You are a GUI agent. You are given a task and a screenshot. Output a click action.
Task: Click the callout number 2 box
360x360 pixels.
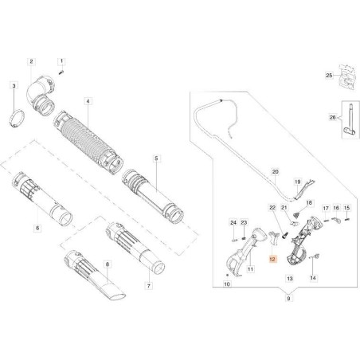click(31, 61)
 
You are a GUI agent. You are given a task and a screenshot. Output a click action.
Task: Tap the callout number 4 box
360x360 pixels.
click(88, 102)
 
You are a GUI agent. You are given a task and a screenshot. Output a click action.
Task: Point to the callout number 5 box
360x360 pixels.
click(157, 158)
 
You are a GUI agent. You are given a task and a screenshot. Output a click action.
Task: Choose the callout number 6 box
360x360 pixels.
click(37, 226)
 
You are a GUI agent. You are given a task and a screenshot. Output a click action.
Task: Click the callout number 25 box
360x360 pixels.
click(327, 76)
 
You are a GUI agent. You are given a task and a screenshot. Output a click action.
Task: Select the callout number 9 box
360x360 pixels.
click(266, 319)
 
